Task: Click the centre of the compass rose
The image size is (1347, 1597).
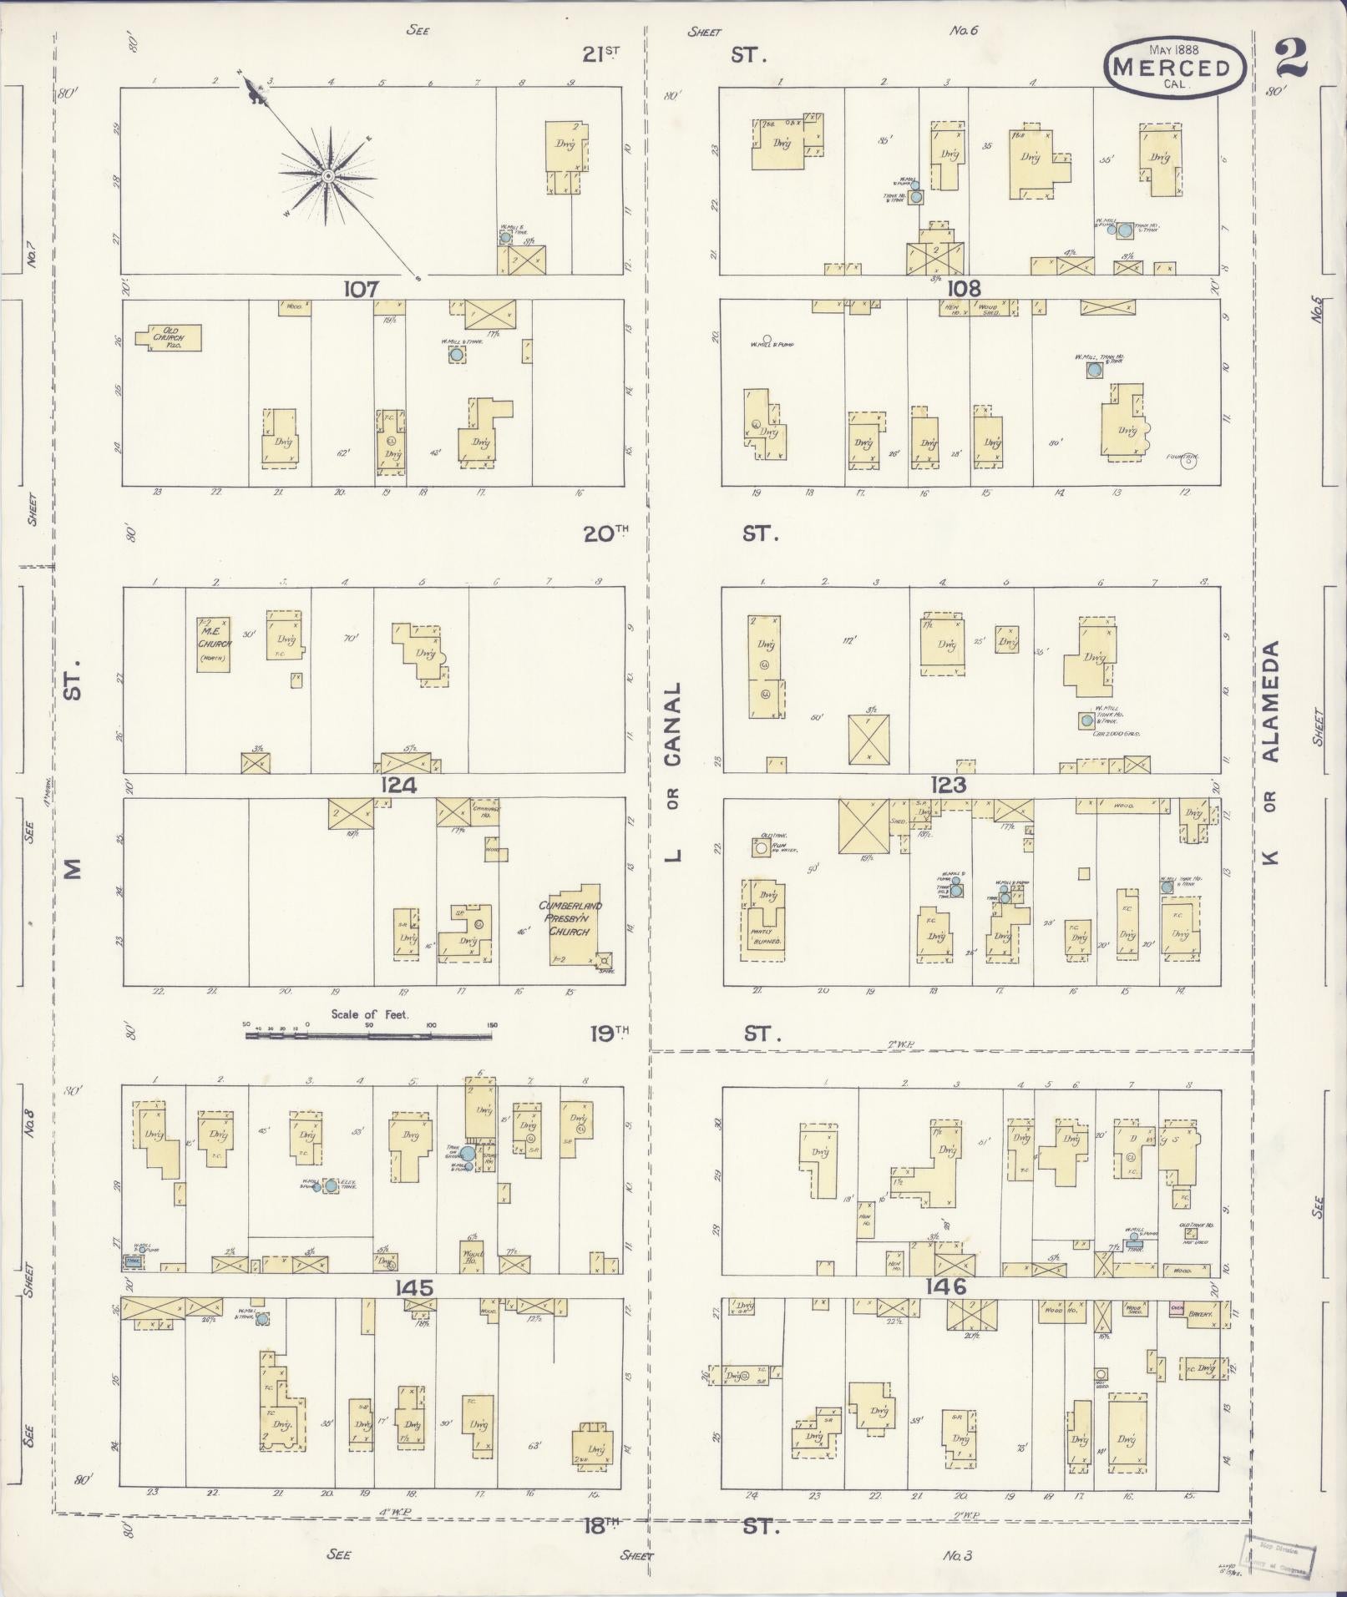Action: (x=328, y=175)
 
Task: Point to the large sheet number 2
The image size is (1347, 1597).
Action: (x=1293, y=58)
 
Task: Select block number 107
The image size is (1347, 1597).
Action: (x=362, y=289)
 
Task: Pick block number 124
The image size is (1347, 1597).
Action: (x=399, y=786)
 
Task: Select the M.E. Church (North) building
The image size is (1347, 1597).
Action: (x=213, y=644)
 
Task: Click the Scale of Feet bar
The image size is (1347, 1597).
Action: (x=368, y=1036)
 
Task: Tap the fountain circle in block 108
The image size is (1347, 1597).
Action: (x=1187, y=465)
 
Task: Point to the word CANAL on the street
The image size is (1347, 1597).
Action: (x=674, y=725)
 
